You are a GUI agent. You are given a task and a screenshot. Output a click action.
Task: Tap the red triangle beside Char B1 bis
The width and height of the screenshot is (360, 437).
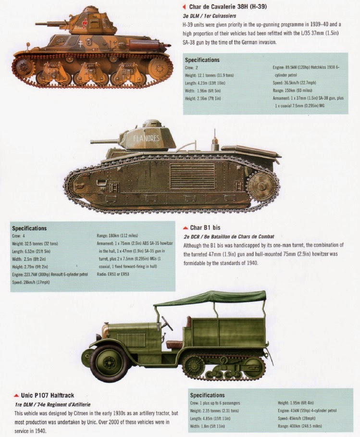tap(186, 227)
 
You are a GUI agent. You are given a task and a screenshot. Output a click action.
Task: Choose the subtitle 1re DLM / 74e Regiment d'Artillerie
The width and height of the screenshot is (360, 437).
tap(53, 404)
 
